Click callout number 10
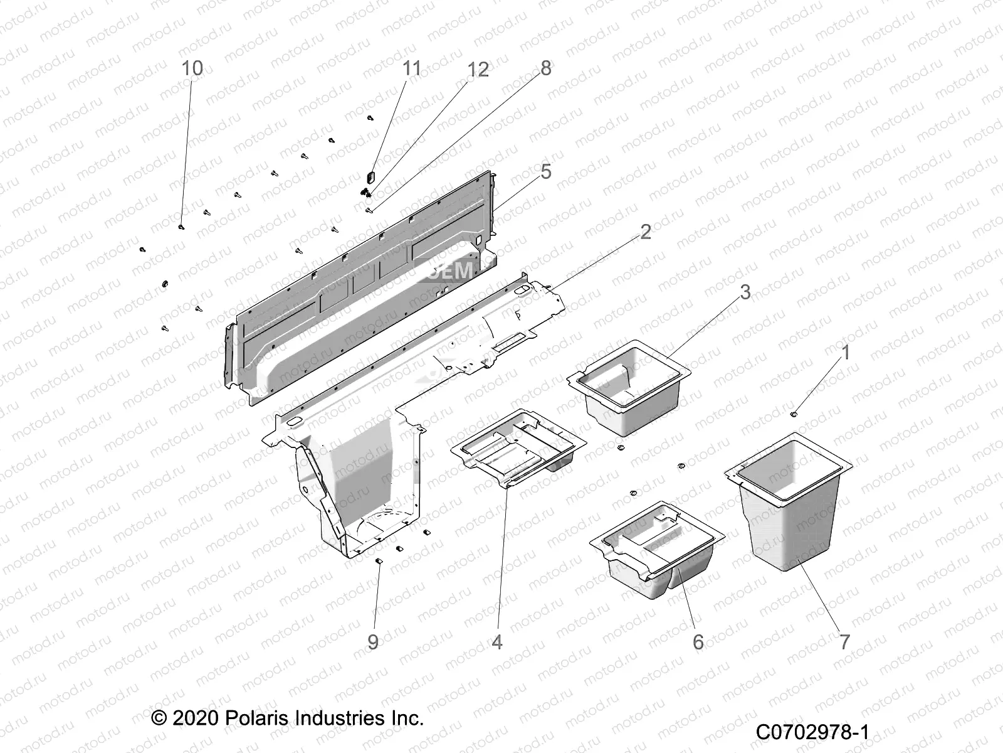click(x=192, y=68)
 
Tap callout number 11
click(x=412, y=68)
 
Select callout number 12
click(x=478, y=70)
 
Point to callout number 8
click(x=545, y=68)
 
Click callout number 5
click(x=545, y=171)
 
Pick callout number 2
click(x=645, y=232)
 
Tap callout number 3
click(x=745, y=292)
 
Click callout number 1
click(x=845, y=353)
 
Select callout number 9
click(x=373, y=642)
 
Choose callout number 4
click(x=497, y=642)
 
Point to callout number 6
click(x=698, y=642)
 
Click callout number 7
click(x=844, y=642)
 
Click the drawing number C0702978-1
click(x=812, y=732)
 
